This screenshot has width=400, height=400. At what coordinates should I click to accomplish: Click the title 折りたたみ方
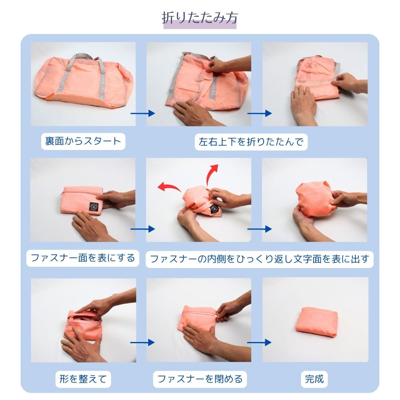[x=200, y=18]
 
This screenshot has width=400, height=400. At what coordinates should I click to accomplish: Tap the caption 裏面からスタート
[x=83, y=141]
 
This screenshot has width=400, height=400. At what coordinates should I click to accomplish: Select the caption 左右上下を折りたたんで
[x=251, y=142]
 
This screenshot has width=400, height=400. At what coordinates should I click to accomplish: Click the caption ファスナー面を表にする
[x=83, y=258]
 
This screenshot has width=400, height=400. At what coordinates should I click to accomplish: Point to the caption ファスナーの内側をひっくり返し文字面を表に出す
[x=260, y=259]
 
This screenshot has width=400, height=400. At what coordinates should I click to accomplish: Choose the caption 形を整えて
[x=83, y=379]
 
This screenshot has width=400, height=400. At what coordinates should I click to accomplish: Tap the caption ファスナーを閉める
[x=200, y=379]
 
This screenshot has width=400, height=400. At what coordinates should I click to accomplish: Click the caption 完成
[x=314, y=379]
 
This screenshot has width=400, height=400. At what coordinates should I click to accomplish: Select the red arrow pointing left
[x=168, y=187]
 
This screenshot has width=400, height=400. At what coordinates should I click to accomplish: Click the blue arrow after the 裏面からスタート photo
[x=143, y=113]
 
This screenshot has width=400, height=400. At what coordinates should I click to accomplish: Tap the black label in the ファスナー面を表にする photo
[x=94, y=207]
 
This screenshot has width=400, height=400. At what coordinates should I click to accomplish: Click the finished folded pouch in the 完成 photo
[x=316, y=320]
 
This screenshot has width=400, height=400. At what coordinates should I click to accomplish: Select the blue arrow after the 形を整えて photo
[x=142, y=342]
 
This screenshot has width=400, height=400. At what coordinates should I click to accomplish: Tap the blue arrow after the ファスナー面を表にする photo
[x=143, y=229]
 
